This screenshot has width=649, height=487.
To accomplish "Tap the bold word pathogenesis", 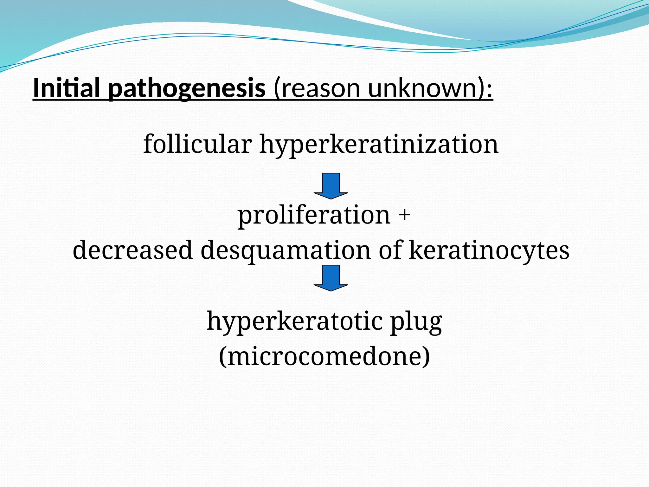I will click(x=187, y=89).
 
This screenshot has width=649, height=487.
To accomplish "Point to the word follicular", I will click(x=197, y=144).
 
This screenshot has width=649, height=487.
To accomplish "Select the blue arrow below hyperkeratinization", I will click(x=331, y=186).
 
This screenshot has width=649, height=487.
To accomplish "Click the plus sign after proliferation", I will click(x=404, y=215).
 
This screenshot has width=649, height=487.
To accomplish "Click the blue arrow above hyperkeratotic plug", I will click(x=331, y=278).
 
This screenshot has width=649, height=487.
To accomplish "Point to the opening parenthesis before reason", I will click(x=278, y=89).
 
